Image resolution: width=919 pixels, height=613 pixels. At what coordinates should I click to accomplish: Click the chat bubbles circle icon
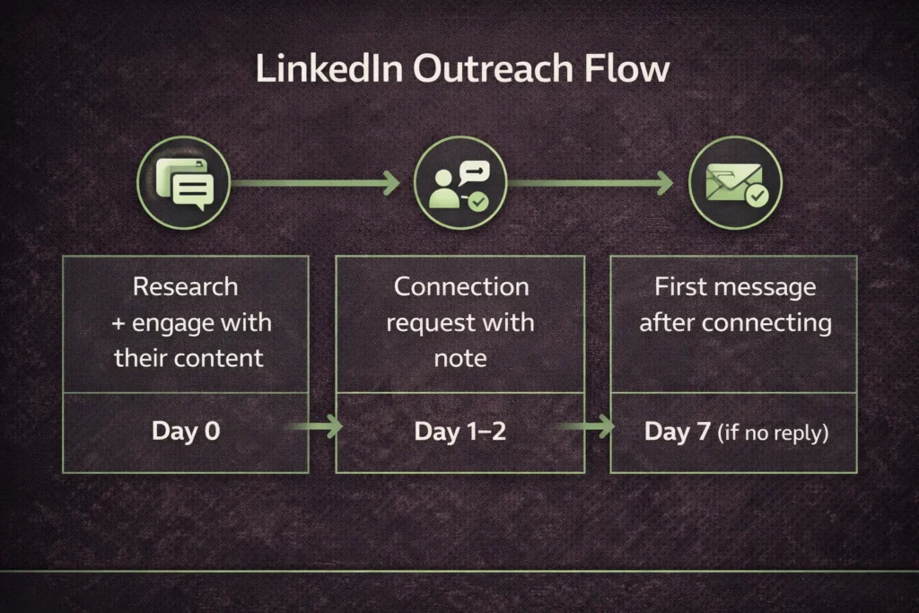[x=184, y=183]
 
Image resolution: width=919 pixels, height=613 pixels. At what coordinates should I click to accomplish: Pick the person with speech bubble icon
[x=459, y=183]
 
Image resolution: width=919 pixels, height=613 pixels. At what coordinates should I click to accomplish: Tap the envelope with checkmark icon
[x=735, y=183]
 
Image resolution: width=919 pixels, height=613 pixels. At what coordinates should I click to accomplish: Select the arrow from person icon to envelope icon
[x=591, y=183]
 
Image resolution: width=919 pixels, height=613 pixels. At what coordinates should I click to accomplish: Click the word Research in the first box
[x=186, y=287]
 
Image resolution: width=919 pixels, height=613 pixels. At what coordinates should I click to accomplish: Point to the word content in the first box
[x=220, y=358]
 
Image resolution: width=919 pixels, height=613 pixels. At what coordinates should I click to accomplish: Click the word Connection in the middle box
[x=461, y=287]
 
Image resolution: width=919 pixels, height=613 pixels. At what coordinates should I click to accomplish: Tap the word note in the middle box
[x=460, y=358]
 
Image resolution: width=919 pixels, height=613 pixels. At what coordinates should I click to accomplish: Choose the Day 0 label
[x=186, y=431]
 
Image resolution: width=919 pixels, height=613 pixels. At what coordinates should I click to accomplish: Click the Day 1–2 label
[x=460, y=432]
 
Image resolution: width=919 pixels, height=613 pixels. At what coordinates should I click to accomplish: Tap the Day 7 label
[x=678, y=432]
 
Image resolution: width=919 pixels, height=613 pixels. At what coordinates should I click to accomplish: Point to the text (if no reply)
[x=773, y=433]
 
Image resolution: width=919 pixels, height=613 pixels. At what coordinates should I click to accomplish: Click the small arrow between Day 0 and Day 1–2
[x=318, y=426]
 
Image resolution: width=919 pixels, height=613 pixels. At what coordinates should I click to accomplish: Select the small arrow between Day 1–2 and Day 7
[x=591, y=426]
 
